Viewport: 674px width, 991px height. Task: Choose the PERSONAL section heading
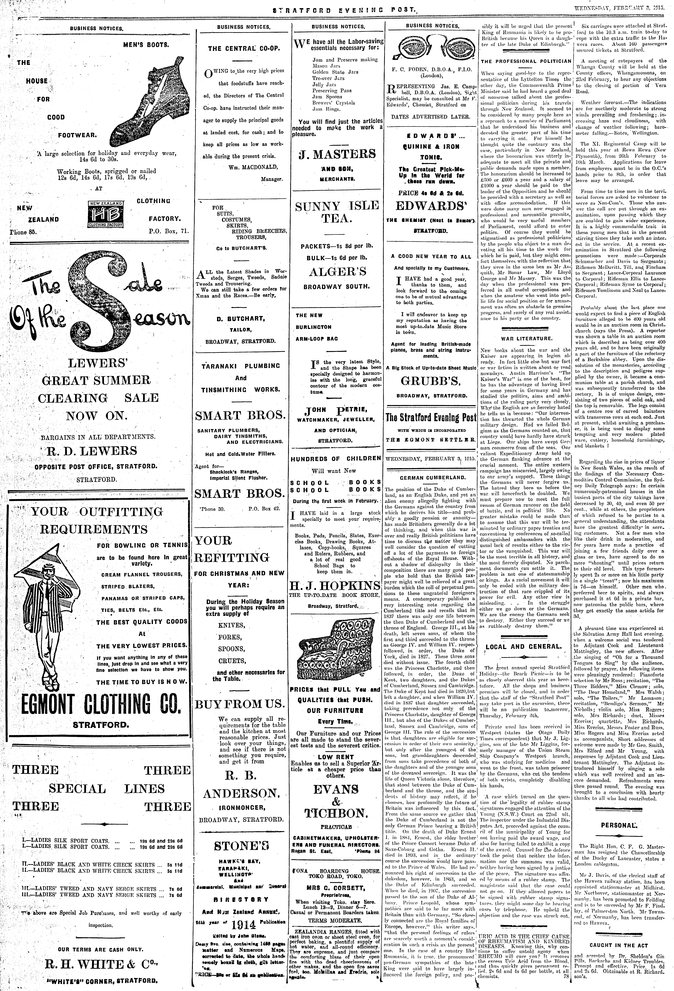pos(619,825)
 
